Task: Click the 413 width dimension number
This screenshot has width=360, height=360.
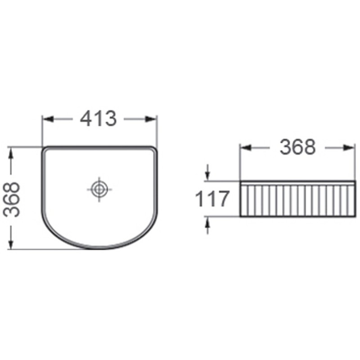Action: (98, 118)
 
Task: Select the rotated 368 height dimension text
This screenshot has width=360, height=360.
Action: (12, 199)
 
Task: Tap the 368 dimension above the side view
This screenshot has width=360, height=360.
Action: (297, 147)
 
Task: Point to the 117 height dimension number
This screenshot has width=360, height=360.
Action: (212, 199)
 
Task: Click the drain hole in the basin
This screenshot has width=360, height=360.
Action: (99, 189)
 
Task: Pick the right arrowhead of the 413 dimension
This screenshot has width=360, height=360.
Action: (151, 119)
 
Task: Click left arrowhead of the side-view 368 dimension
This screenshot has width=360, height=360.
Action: (245, 148)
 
